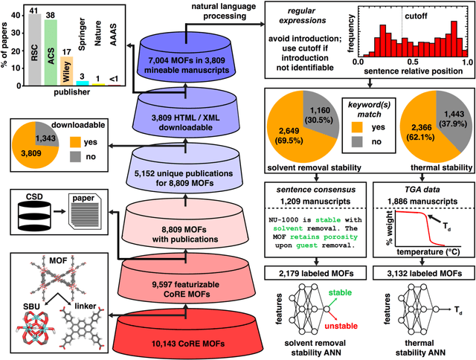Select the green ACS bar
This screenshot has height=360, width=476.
pos(51,51)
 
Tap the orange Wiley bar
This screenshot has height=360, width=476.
pos(67,71)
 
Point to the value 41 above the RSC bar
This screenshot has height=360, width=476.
pos(33,9)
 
